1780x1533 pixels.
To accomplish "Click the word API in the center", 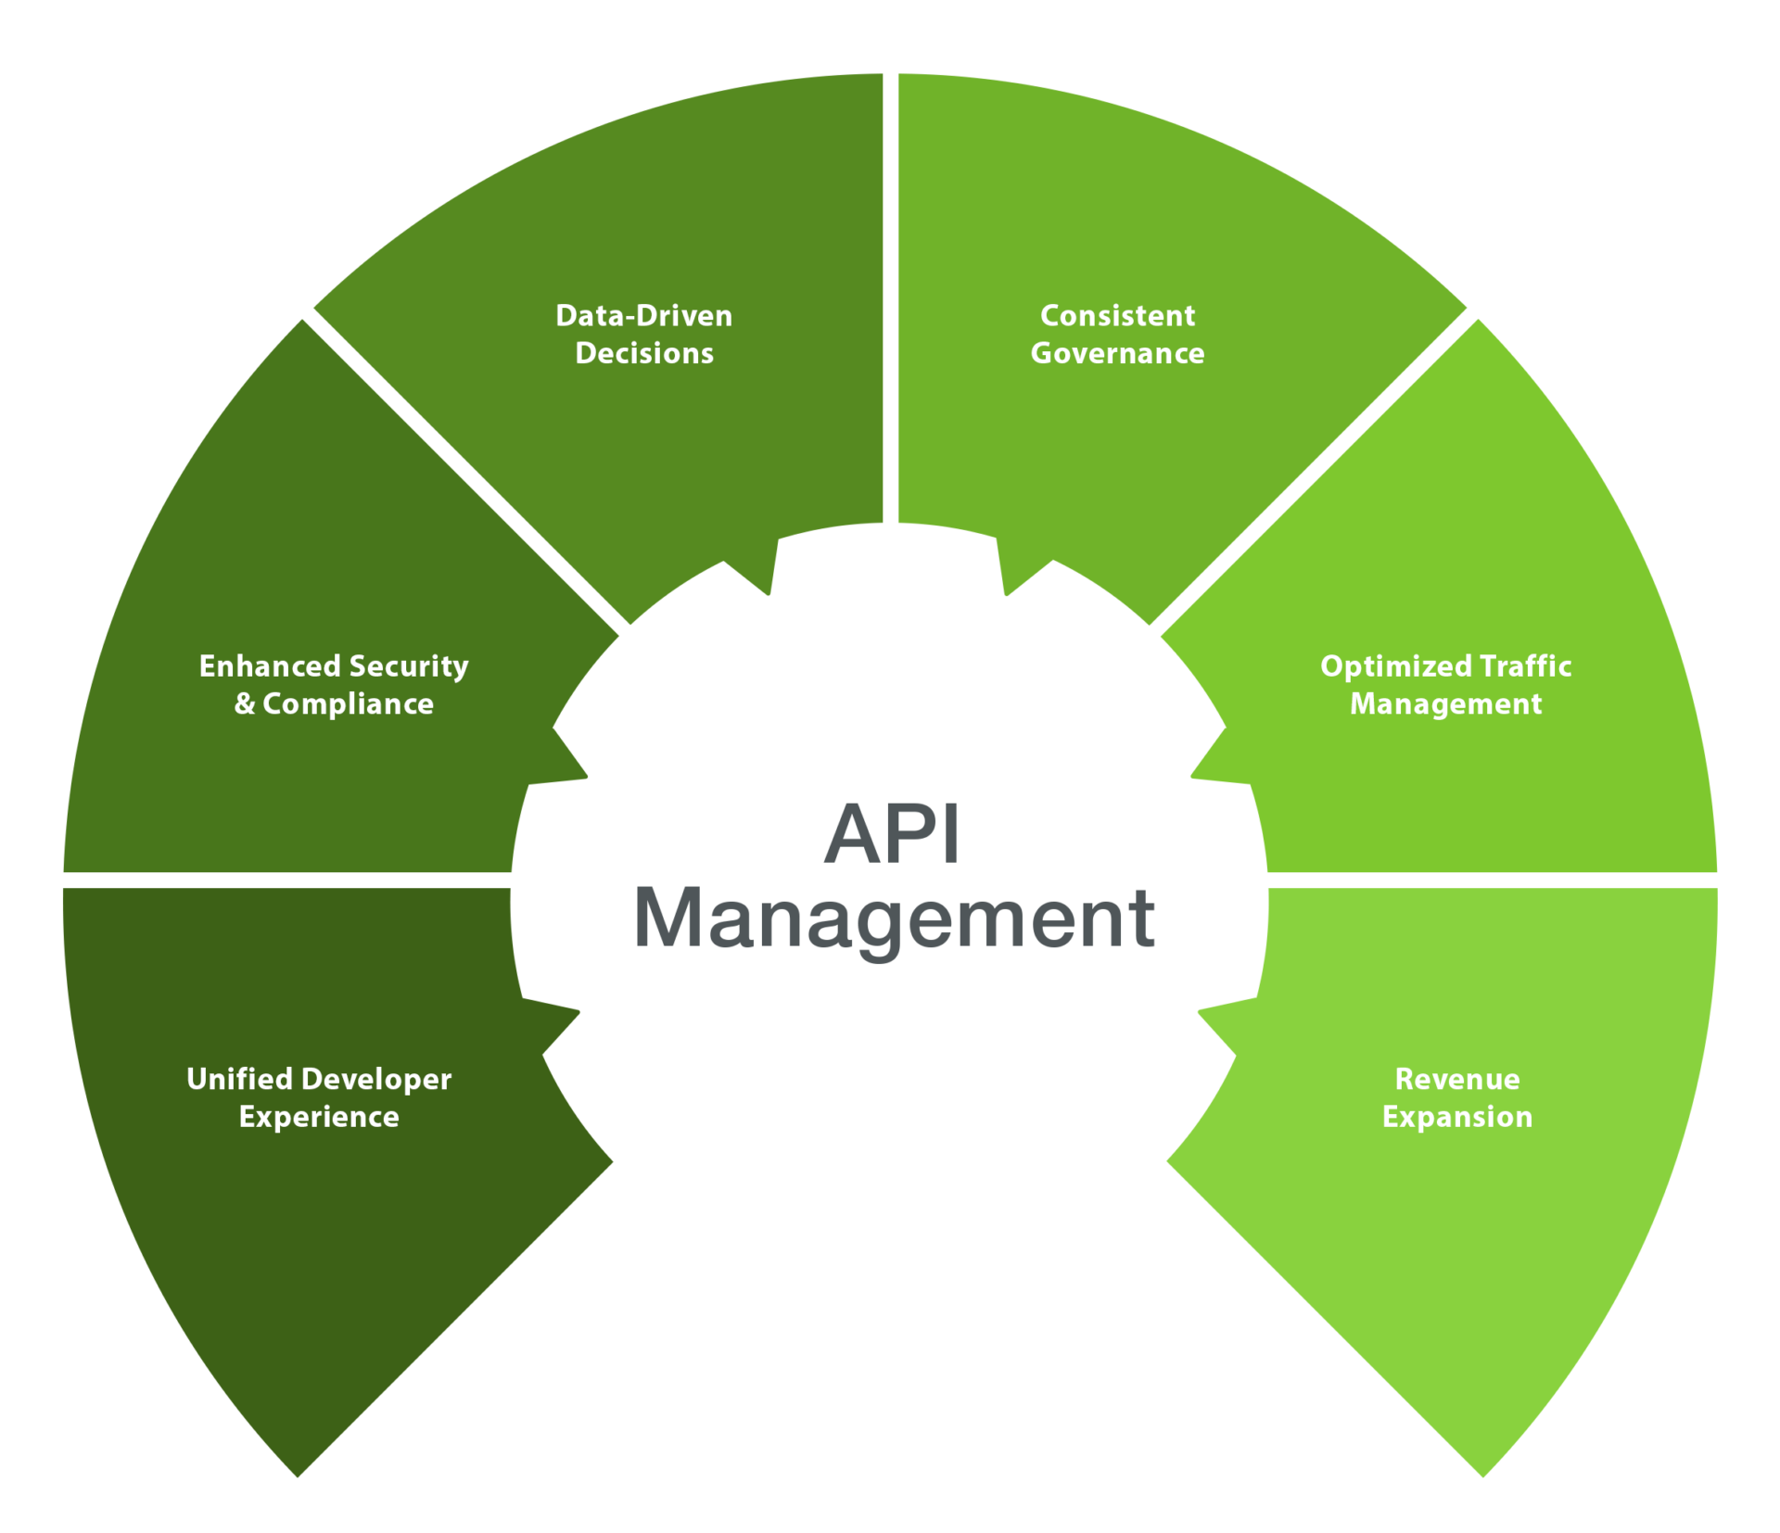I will [x=891, y=834].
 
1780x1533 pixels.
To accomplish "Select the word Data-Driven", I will [x=644, y=316].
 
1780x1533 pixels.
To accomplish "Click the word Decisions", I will [x=644, y=353].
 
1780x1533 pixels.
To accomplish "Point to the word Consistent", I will [x=1117, y=316].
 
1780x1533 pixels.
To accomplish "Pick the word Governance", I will [x=1117, y=353].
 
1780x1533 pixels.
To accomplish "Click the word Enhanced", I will [x=270, y=666].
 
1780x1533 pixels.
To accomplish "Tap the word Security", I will [x=409, y=667].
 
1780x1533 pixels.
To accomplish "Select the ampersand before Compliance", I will [x=245, y=704].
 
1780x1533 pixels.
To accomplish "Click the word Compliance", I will [x=348, y=704].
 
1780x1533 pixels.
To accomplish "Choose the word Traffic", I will [x=1526, y=666].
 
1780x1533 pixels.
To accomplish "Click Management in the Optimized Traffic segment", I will [x=1445, y=704].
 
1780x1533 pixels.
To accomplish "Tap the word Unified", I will [x=239, y=1079].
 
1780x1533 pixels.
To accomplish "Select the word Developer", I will [x=377, y=1080].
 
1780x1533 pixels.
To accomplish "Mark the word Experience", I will [x=319, y=1118].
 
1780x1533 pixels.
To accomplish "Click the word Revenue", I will [x=1457, y=1079].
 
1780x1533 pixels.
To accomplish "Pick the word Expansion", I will [x=1457, y=1118].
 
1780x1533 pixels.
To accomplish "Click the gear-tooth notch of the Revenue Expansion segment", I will [x=1214, y=1029].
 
